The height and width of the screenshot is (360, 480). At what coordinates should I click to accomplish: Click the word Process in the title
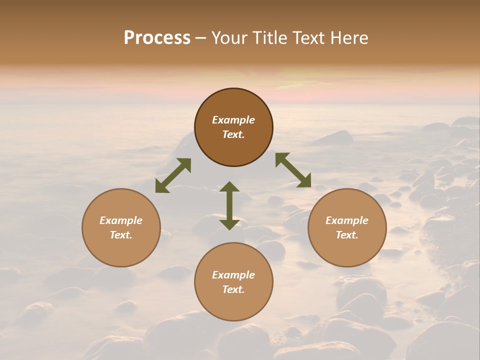157,38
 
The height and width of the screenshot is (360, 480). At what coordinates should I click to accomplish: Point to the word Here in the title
349,38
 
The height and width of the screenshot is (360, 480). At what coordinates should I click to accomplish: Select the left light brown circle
121,250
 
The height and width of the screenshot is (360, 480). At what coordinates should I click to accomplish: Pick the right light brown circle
347,250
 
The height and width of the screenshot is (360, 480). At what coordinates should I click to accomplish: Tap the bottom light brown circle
233,305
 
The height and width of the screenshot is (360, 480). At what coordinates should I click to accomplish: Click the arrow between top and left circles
173,175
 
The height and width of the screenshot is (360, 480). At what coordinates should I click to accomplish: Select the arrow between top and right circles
293,170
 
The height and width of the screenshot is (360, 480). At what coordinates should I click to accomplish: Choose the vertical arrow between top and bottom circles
229,205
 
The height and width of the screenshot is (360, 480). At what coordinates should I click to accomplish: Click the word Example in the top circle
233,120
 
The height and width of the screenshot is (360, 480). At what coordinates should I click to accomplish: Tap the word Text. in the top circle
233,134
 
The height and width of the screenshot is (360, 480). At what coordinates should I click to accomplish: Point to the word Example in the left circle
121,220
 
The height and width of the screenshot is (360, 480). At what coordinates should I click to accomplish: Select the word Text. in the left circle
121,235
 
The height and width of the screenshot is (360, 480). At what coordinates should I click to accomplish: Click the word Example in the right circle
347,220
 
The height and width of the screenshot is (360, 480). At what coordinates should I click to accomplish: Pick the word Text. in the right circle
347,235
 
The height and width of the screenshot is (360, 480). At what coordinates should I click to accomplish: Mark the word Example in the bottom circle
233,275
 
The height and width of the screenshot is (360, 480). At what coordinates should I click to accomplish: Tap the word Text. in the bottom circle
233,289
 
